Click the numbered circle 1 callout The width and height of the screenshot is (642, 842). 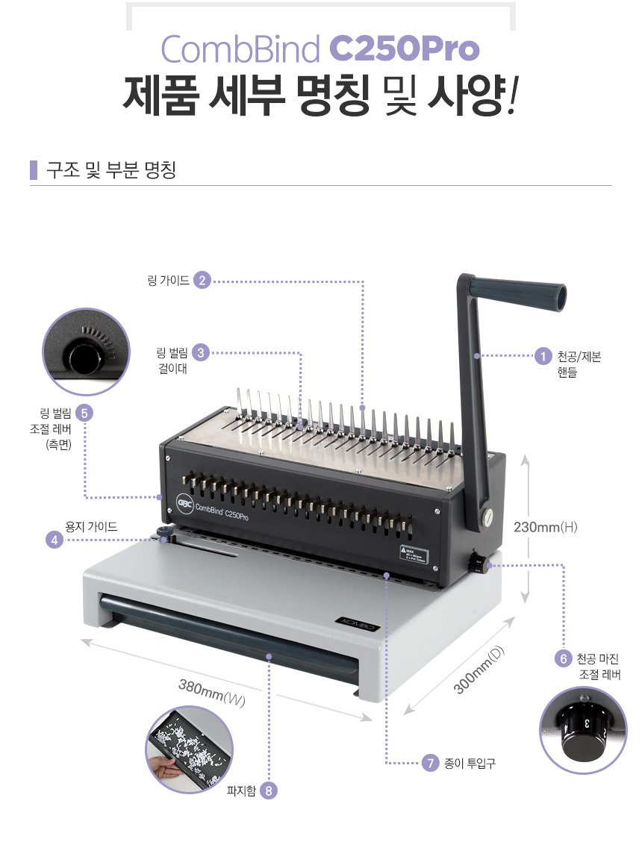tap(543, 356)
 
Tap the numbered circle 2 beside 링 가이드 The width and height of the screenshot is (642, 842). tap(202, 280)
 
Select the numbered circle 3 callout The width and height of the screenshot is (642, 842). tap(201, 353)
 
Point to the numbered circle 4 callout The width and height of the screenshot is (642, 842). tap(54, 540)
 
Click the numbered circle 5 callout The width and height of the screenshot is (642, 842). tap(84, 413)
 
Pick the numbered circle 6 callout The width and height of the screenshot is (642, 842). tap(564, 658)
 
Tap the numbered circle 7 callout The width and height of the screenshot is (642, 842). tap(430, 763)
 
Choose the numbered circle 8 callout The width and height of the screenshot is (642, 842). tap(269, 790)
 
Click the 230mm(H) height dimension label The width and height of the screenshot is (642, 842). tap(545, 527)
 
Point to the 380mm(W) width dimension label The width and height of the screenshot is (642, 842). tap(212, 693)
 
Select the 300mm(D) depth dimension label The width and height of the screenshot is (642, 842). tap(480, 670)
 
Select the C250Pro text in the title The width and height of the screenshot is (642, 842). tap(404, 49)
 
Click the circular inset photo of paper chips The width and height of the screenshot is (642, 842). tap(189, 749)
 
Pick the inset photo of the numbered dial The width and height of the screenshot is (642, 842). tap(583, 730)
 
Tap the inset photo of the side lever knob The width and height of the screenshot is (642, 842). tap(86, 351)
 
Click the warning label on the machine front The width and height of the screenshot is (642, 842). tap(414, 555)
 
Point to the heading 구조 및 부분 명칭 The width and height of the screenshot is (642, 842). tap(111, 169)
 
